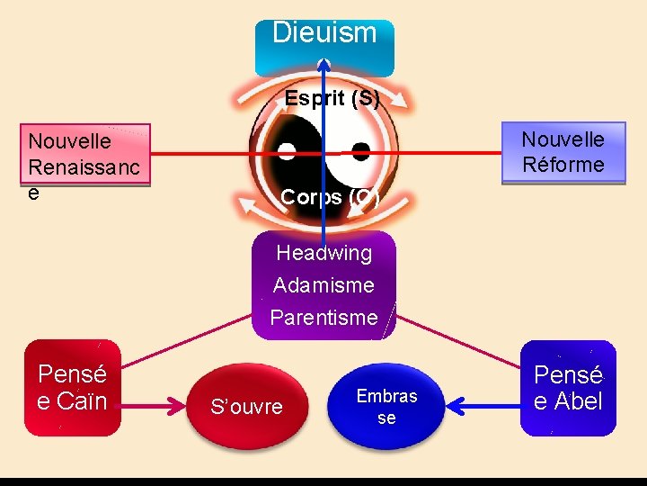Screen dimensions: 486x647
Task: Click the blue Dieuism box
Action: (324, 45)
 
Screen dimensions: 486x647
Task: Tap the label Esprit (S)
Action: (332, 98)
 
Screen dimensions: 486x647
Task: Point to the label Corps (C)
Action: (330, 196)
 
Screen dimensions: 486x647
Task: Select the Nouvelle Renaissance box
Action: (87, 155)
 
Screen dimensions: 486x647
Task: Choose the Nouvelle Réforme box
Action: (563, 152)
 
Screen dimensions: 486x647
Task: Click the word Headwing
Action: (323, 253)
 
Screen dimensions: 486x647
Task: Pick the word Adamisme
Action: (323, 285)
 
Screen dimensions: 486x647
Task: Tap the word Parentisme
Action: (323, 317)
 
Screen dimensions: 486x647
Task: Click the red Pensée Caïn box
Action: (72, 387)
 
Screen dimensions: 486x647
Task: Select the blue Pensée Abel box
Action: (568, 387)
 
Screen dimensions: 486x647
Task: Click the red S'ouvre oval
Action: (246, 407)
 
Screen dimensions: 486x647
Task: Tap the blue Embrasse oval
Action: (386, 407)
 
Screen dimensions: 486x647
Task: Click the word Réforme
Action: (563, 164)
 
